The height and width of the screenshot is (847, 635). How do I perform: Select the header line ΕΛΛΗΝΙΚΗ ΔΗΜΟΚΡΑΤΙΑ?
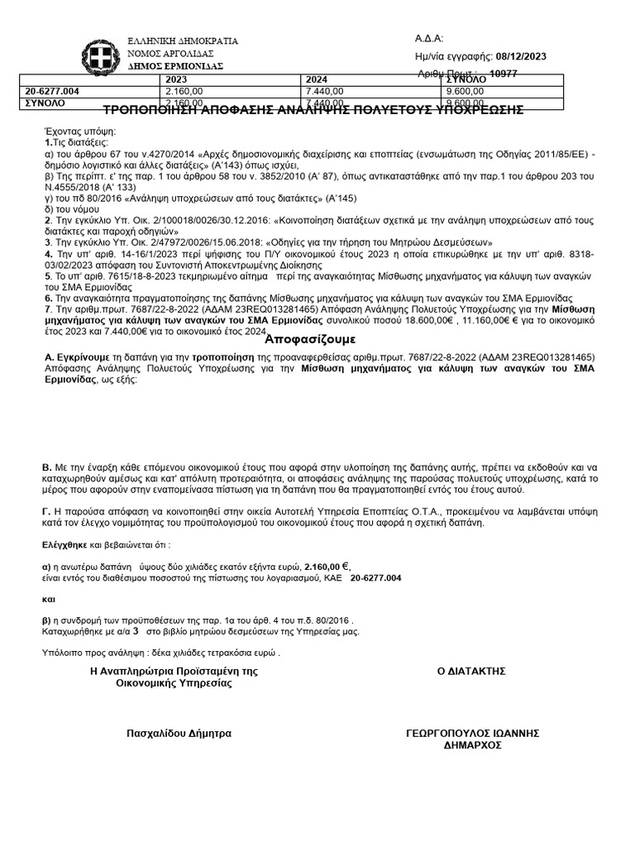point(182,41)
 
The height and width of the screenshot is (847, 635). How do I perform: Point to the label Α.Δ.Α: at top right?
point(429,39)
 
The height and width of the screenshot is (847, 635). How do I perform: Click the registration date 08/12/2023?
point(520,56)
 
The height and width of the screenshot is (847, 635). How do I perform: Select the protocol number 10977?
point(505,74)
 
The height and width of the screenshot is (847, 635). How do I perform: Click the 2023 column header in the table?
point(177,80)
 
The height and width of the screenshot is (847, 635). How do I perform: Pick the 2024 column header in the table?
point(317,80)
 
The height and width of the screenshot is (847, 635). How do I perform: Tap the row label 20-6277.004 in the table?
point(53,91)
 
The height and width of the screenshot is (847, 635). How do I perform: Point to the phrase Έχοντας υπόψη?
point(80,132)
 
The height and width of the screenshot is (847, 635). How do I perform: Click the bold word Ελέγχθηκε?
point(70,546)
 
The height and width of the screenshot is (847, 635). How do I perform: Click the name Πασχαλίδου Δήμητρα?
point(179,733)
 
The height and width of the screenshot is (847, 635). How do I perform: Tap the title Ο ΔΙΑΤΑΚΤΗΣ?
point(471,671)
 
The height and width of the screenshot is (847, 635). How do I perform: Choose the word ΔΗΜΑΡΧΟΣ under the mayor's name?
point(472,744)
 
